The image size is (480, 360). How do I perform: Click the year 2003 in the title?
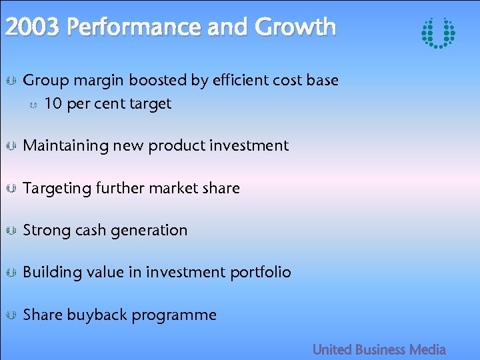point(33,27)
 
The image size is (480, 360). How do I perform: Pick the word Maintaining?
point(66,146)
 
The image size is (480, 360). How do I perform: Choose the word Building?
point(53,273)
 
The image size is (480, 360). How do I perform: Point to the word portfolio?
point(263,273)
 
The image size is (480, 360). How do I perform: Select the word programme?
point(174,315)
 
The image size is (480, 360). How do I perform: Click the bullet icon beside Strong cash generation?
point(11,231)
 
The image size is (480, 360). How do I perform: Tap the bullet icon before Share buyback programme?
point(11,315)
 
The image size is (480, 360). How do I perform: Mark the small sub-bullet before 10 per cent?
point(34,105)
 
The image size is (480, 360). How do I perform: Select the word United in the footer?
point(332,349)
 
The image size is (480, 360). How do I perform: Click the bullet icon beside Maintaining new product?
point(11,146)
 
